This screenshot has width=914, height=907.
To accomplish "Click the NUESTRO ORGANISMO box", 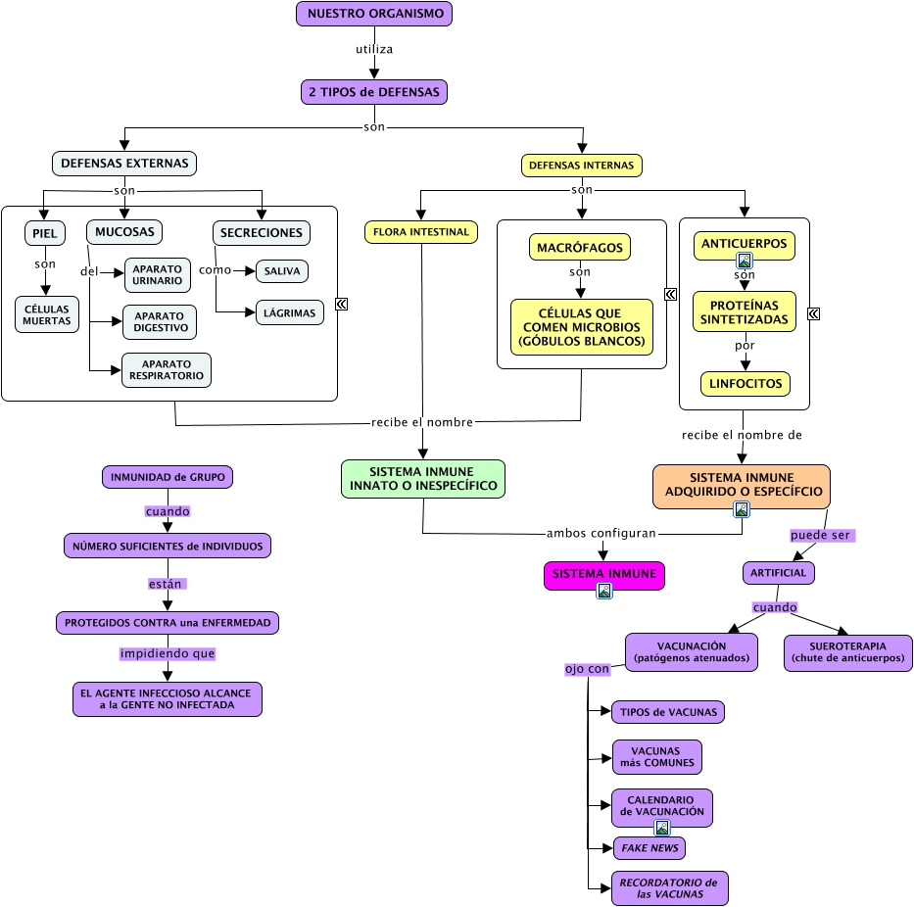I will click(x=374, y=14).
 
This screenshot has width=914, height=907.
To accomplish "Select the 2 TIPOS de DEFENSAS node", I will click(x=374, y=92).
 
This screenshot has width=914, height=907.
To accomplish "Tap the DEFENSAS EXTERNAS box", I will click(x=124, y=163).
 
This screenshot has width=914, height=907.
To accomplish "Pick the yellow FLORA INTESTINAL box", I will click(x=421, y=232).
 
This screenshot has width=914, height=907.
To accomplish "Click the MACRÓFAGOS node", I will click(x=580, y=247).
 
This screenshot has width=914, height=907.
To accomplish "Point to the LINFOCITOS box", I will click(x=746, y=384).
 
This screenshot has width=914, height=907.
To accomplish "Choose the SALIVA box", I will click(x=282, y=270).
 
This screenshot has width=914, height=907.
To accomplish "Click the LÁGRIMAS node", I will click(x=290, y=313).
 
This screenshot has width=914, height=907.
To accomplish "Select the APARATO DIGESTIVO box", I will click(x=160, y=321).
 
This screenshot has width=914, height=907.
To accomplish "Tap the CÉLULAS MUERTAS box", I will click(x=47, y=314).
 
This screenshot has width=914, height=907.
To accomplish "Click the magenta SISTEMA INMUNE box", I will click(x=604, y=573).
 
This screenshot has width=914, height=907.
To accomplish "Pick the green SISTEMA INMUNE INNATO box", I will click(x=423, y=478).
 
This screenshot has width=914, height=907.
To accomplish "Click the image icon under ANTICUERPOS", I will click(x=745, y=261).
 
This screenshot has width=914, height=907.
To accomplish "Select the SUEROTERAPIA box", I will click(x=848, y=652).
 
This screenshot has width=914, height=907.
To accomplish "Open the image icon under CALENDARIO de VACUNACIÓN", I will click(x=662, y=828).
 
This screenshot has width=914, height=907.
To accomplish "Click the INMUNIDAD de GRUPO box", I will click(x=168, y=477).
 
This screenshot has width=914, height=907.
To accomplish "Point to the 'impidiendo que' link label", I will click(x=168, y=653).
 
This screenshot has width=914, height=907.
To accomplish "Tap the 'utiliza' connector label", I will click(x=374, y=47).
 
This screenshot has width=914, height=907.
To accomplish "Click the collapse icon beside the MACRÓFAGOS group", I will click(x=671, y=294).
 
